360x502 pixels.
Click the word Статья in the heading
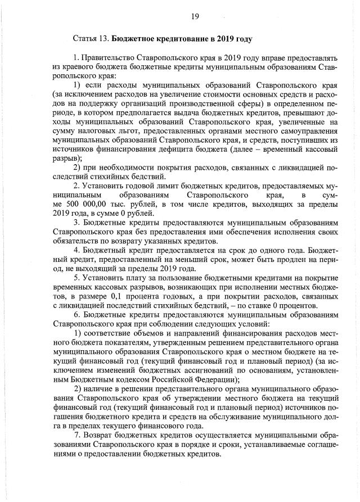coord(85,39)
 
